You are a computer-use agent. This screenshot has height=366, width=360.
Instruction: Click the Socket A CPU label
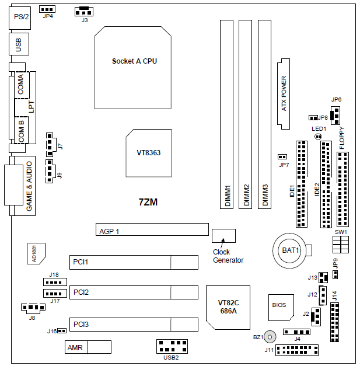coord(134,61)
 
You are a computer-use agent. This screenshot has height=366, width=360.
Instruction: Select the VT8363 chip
coord(149,152)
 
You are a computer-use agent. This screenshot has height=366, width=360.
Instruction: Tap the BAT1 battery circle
coord(291,250)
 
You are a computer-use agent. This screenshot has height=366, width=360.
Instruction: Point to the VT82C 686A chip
coord(228,307)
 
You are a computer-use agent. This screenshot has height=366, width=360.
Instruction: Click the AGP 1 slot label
coord(109,231)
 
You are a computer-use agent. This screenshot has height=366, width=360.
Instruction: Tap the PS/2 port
coord(21,16)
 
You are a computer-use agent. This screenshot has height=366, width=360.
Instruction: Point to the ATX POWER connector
coord(284,93)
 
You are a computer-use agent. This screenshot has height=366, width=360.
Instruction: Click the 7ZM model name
coord(148,203)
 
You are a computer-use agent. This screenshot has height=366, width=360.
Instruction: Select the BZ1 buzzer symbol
coord(270,337)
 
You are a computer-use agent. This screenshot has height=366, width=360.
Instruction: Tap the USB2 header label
coord(172,357)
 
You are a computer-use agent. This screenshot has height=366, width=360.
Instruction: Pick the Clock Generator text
coord(228,256)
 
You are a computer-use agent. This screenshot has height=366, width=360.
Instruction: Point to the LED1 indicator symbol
coord(318,137)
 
